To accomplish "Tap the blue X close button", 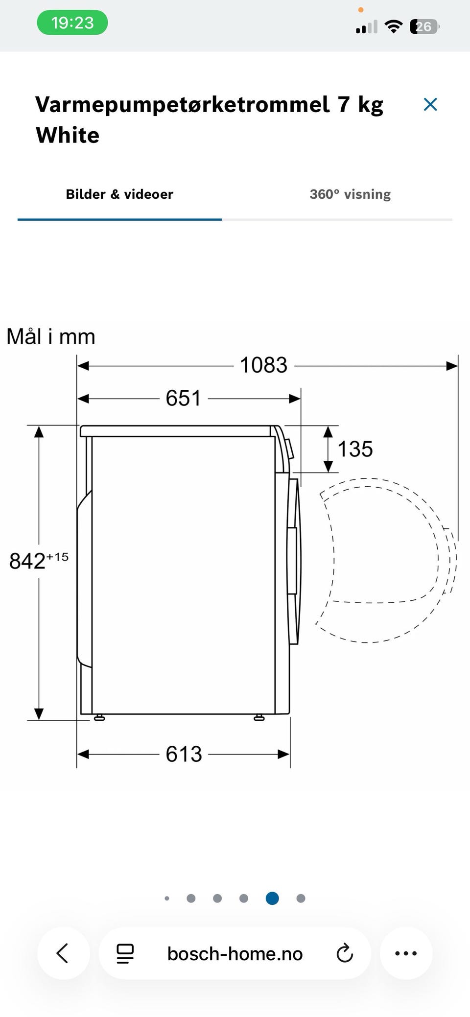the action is (x=430, y=104).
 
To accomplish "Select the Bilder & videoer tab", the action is (x=119, y=194).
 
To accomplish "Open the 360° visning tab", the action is (x=350, y=194).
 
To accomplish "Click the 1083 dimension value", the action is (x=263, y=365).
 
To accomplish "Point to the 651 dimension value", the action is (x=183, y=398).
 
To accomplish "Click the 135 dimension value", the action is (x=355, y=449).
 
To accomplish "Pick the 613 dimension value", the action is (x=184, y=754).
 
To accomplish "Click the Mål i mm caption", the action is (x=51, y=336).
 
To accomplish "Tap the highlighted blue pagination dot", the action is (x=272, y=898).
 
